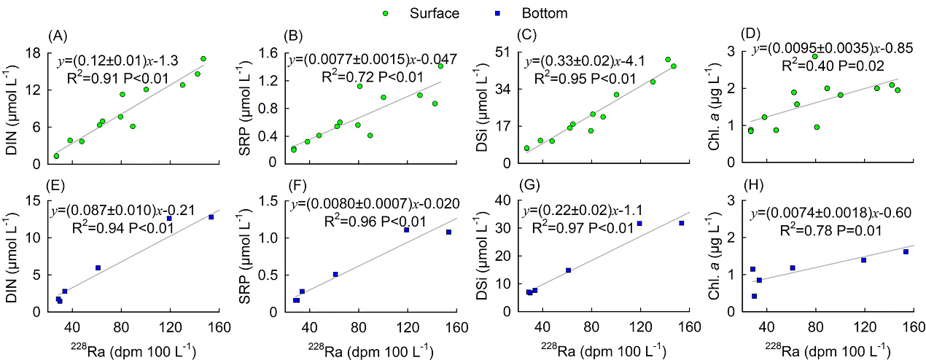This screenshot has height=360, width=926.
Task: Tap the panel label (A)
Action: tap(58, 35)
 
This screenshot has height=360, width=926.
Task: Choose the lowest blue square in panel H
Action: tap(754, 296)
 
